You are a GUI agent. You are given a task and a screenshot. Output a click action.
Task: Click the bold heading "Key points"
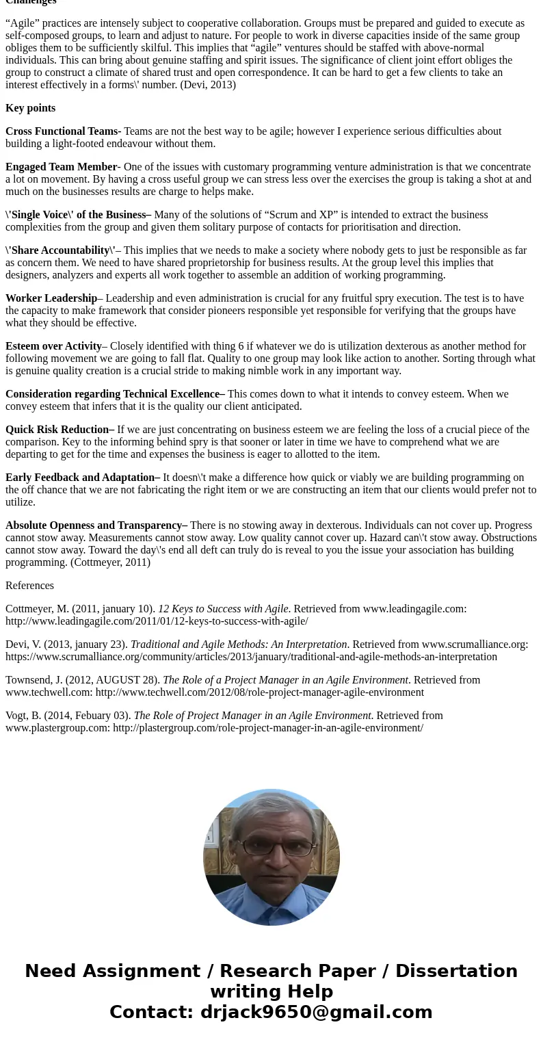30,108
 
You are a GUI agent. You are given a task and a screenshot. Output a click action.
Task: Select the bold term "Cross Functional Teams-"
63,131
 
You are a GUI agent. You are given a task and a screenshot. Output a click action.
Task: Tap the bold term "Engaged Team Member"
61,167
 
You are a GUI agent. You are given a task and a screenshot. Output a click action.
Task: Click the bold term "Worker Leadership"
51,298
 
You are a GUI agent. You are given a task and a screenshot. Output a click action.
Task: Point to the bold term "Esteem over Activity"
53,346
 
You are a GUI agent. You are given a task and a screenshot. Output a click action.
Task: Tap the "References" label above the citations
29,586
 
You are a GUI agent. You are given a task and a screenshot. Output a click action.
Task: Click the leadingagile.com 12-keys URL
157,621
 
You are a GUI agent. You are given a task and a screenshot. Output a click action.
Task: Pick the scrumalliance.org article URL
251,657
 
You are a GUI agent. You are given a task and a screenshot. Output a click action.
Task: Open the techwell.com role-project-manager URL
259,692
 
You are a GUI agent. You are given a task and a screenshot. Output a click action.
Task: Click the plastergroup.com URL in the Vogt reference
267,728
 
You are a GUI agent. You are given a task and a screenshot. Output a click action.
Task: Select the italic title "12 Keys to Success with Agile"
223,609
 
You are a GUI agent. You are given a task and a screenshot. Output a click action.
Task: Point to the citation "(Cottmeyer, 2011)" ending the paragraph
110,562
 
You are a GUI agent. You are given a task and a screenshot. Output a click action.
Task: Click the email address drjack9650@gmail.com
316,1012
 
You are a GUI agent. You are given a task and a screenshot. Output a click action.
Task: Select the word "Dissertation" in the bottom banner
456,971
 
